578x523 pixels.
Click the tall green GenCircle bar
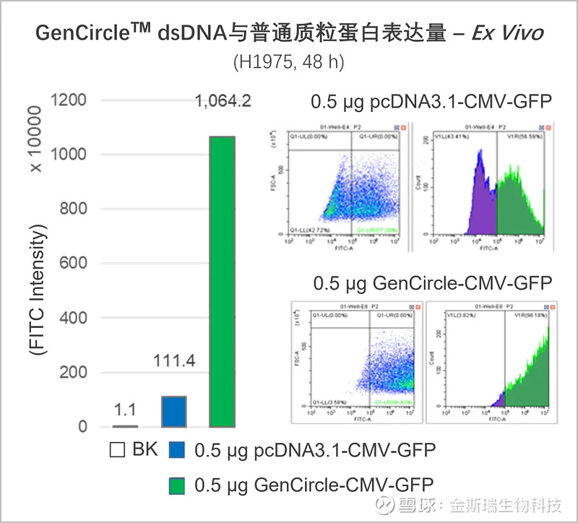click(222, 282)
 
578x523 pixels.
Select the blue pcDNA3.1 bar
click(173, 412)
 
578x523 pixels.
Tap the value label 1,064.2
click(223, 101)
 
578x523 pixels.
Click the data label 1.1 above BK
click(126, 410)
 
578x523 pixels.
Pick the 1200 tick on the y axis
click(72, 100)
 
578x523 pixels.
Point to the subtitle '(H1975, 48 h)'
click(288, 62)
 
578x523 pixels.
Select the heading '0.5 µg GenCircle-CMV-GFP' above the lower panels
click(432, 282)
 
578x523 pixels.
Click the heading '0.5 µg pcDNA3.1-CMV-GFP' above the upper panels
click(431, 102)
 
